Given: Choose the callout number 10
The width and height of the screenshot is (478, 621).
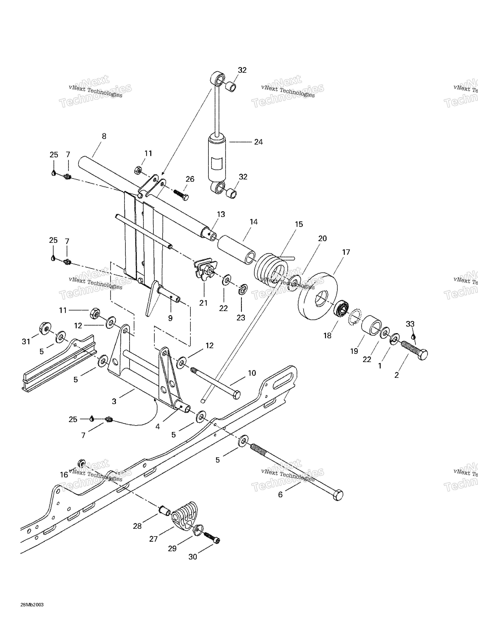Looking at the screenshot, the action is coord(252,373).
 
